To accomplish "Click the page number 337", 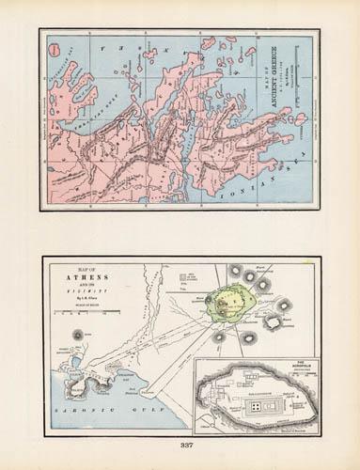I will pos(180,445).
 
